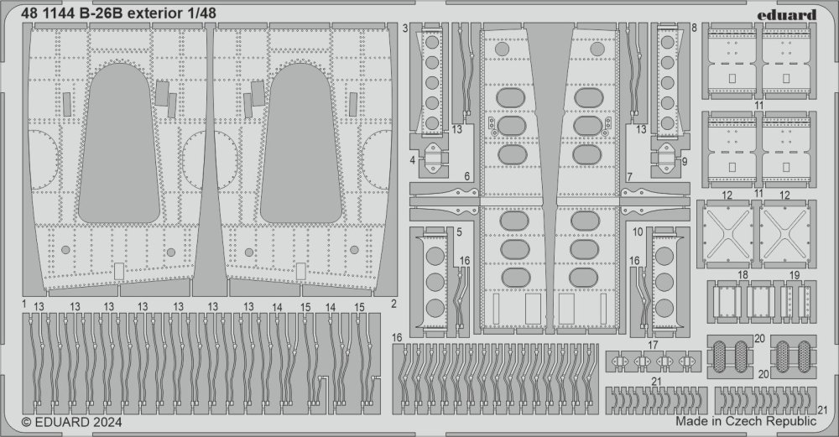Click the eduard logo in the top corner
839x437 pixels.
click(787, 14)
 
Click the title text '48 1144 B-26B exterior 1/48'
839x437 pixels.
click(119, 13)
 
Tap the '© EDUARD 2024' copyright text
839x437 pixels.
click(71, 422)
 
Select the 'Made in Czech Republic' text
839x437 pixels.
click(746, 420)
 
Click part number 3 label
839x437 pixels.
click(405, 29)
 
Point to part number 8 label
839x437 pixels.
click(694, 29)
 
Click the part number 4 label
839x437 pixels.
click(413, 160)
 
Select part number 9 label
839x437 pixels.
click(685, 160)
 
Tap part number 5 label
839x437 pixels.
click(460, 232)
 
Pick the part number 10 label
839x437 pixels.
click(638, 232)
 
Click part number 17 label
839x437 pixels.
click(653, 346)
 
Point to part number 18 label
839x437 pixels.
click(743, 275)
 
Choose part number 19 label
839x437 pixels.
click(795, 275)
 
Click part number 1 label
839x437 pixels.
click(24, 304)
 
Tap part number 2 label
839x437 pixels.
click(393, 304)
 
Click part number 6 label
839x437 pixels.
click(467, 176)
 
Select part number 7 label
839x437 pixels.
click(630, 177)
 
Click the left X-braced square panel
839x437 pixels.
click(726, 234)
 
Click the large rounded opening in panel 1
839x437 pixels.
click(119, 143)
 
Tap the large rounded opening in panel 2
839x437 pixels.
click(300, 143)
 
